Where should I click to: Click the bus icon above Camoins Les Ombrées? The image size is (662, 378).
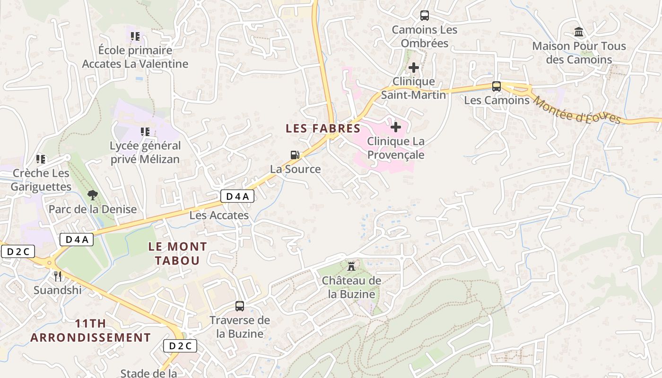point(425,16)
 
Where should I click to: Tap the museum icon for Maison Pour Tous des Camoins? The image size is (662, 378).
point(578,32)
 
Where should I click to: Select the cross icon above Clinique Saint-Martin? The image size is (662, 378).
point(414,68)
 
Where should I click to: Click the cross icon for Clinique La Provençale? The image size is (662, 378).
point(396,127)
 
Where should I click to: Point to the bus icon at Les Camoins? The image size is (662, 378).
point(496,86)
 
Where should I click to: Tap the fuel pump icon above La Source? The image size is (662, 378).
point(295,155)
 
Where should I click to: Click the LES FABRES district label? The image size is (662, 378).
point(323,128)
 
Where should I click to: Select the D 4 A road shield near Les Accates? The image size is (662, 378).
point(237,197)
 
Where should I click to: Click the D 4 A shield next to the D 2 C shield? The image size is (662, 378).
point(77,240)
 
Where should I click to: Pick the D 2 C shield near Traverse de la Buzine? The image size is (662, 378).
point(180,346)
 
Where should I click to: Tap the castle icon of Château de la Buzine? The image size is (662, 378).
point(351,266)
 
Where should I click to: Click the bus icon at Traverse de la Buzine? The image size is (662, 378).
point(240,306)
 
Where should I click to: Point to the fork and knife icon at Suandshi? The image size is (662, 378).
point(58,276)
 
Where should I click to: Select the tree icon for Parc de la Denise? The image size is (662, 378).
point(93,195)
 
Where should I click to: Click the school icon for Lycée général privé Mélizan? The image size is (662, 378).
point(145,132)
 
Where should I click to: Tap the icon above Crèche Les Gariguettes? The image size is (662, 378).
point(41,159)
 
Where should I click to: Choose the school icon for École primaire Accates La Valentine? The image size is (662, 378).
point(135,36)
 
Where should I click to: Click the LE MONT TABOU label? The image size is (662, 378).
point(177,253)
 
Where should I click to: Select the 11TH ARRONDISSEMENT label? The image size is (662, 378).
point(90,331)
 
